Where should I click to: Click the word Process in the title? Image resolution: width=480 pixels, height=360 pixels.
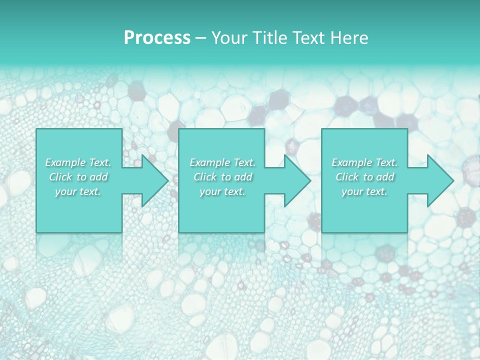click(157, 38)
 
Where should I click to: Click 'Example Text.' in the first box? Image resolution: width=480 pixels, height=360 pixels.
click(78, 162)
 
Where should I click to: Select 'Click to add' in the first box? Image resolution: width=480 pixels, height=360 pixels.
click(78, 177)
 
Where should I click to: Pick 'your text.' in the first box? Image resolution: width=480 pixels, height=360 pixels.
click(78, 191)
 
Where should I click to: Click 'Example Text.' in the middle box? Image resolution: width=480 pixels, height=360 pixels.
click(222, 162)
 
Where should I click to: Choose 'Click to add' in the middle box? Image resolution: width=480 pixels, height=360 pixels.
click(222, 177)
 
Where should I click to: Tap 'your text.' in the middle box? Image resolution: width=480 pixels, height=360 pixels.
click(222, 191)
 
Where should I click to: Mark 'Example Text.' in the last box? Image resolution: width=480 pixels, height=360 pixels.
click(364, 162)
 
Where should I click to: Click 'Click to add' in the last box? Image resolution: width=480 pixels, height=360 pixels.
click(364, 177)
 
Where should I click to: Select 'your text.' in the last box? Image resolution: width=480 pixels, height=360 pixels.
click(364, 191)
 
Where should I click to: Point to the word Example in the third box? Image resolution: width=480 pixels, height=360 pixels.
click(351, 162)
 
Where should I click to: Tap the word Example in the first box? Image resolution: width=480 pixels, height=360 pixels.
click(65, 162)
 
